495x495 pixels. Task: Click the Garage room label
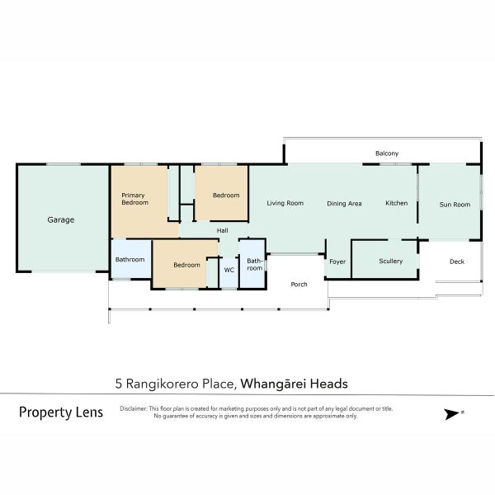[61, 219]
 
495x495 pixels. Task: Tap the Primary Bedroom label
[134, 199]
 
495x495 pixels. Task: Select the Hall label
[222, 230]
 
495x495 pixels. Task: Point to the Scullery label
[391, 261]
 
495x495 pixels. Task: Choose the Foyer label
[337, 262]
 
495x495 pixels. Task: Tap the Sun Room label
[455, 205]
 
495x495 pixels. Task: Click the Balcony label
[387, 153]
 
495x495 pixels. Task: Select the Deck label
[457, 262]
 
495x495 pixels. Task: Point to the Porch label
[299, 284]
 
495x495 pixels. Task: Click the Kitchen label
[397, 203]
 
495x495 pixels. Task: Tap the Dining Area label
[344, 204]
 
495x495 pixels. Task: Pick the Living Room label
[285, 203]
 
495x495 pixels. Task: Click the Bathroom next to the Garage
[130, 260]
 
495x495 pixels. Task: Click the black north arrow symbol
[452, 414]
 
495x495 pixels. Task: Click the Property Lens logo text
[61, 412]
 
